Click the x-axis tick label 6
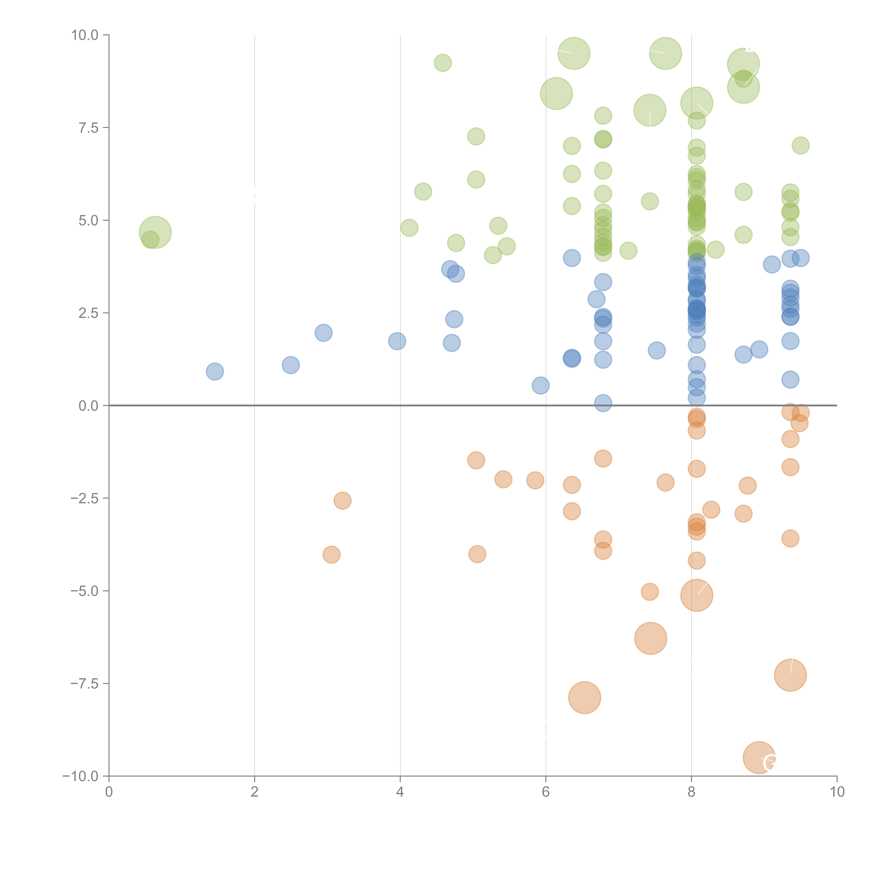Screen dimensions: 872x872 click(x=546, y=792)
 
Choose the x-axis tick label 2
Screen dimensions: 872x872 click(x=255, y=792)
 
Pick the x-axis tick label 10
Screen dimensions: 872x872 click(x=837, y=792)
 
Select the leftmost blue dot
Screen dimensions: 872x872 click(x=215, y=371)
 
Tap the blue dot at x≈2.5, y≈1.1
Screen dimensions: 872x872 click(x=291, y=365)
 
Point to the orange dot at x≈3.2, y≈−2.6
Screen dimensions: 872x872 click(x=343, y=501)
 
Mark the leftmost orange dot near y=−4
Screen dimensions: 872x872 click(x=331, y=555)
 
